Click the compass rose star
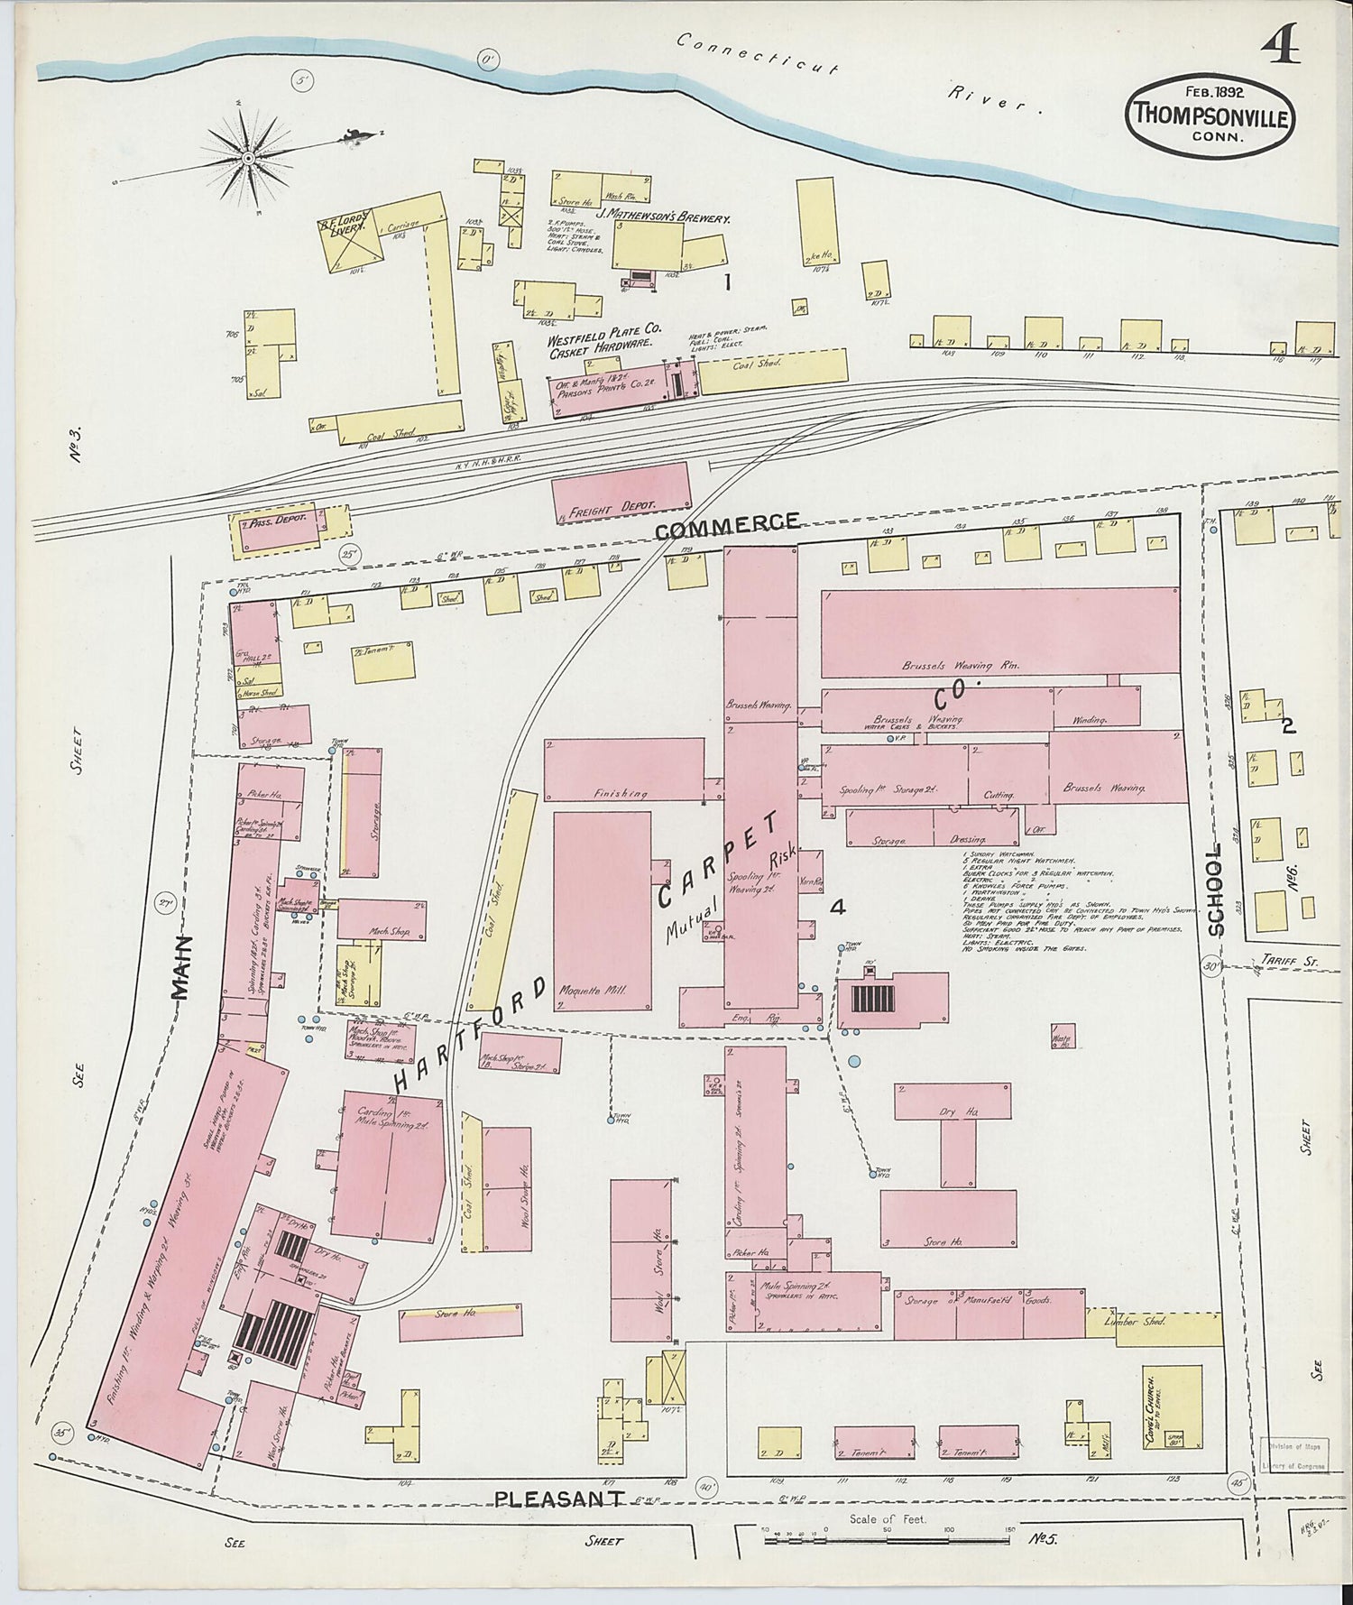(245, 159)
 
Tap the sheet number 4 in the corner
(1283, 45)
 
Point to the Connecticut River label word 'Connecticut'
(759, 54)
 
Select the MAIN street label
(180, 966)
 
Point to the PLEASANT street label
(559, 1499)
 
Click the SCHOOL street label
(1218, 890)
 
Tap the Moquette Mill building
(603, 911)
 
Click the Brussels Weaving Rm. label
(960, 666)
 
